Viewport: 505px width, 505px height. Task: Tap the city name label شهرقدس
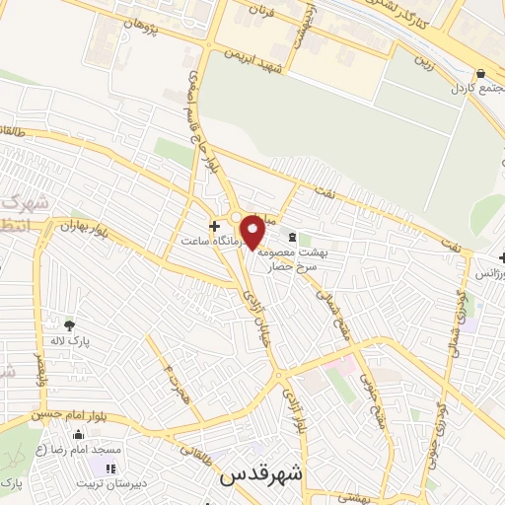258,473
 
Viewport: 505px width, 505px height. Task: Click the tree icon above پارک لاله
69,325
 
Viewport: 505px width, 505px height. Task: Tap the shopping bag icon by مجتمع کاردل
480,73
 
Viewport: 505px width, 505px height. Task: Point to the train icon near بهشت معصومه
291,237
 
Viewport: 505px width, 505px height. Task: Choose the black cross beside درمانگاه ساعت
214,226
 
